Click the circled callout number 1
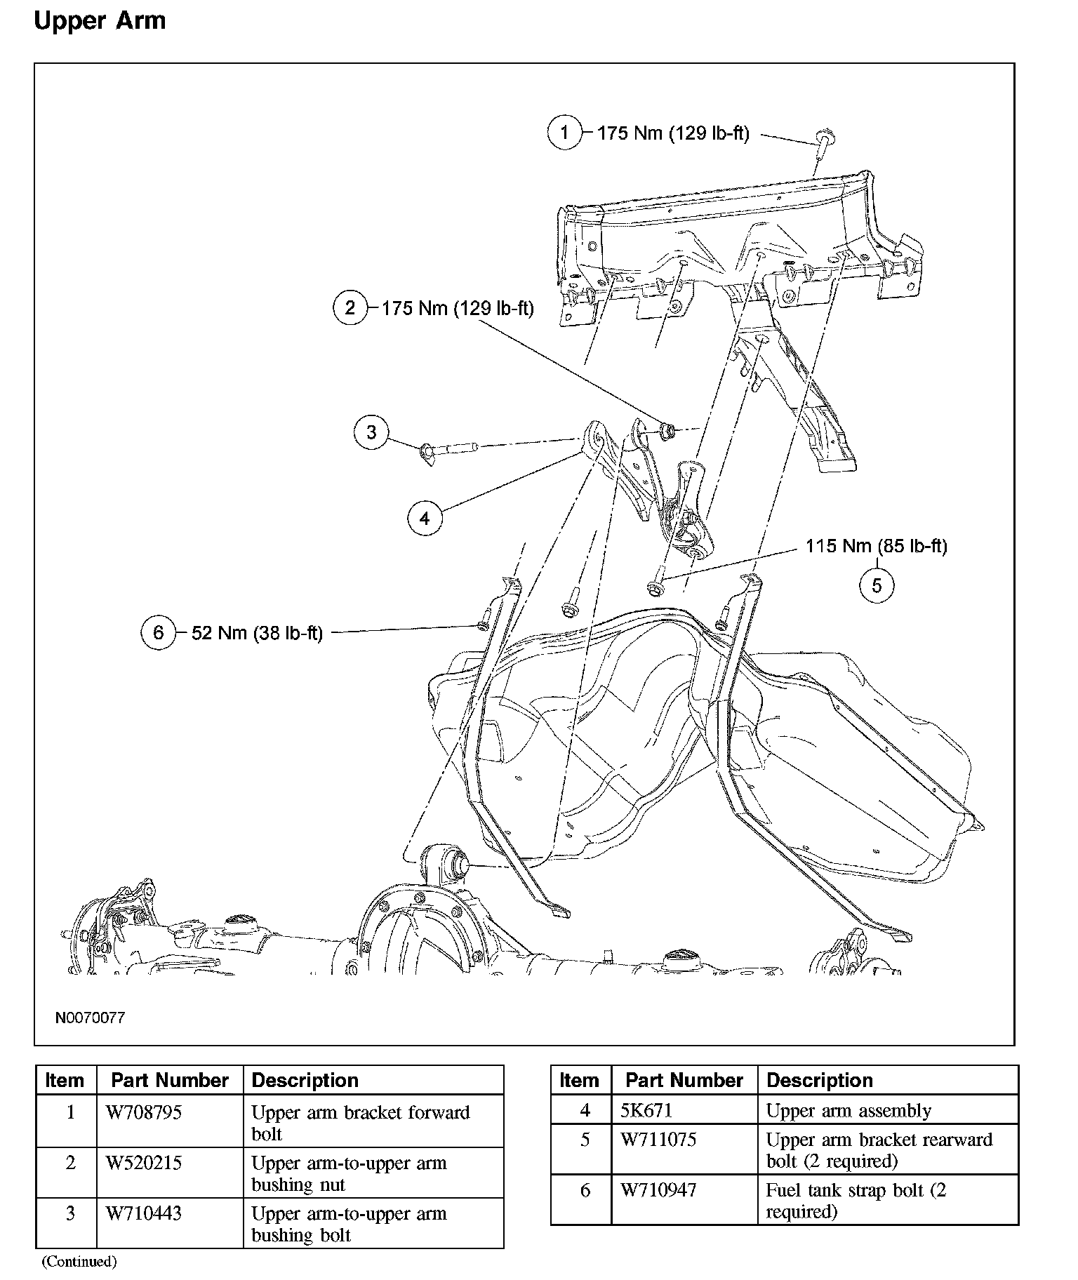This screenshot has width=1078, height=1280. point(565,132)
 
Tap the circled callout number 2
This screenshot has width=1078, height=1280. point(350,307)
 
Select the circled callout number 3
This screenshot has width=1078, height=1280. point(371,432)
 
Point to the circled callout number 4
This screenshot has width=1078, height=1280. point(425,519)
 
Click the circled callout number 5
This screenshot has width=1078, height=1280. point(877,585)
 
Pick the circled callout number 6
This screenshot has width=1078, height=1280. point(158,632)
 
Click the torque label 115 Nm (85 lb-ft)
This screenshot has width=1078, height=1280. point(876,546)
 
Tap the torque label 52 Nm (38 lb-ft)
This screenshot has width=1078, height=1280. point(257,633)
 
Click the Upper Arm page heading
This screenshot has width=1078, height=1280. point(100,20)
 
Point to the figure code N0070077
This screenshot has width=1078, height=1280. point(90,1018)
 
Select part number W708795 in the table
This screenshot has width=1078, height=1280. point(144,1113)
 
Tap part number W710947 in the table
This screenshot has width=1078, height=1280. point(658,1190)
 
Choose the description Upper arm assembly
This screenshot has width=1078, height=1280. point(849,1111)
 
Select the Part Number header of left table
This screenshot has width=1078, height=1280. point(170,1080)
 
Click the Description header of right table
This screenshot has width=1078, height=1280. point(819,1080)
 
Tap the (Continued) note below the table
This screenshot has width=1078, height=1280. point(79,1262)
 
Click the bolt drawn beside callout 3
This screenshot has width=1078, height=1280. point(449,448)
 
